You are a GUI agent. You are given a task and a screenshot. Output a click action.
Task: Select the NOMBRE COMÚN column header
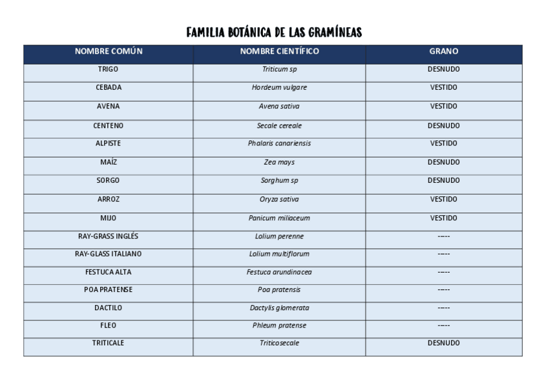(x=108, y=51)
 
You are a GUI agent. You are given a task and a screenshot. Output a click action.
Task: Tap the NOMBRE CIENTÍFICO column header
(x=279, y=51)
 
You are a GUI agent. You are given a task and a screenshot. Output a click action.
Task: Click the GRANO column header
(x=443, y=51)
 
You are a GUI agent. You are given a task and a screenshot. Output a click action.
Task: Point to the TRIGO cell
(x=108, y=68)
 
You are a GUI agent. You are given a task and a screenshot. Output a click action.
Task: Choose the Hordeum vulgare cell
(x=279, y=87)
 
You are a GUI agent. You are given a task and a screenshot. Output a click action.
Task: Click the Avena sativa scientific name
(x=279, y=106)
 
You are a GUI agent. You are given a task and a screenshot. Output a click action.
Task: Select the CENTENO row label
(x=108, y=125)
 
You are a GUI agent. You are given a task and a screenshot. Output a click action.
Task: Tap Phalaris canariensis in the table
(x=279, y=143)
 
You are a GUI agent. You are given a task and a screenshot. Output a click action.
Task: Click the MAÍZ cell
(x=108, y=162)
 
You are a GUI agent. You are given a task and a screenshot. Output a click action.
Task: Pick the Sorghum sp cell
(x=279, y=180)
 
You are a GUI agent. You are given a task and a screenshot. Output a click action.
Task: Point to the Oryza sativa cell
(x=279, y=199)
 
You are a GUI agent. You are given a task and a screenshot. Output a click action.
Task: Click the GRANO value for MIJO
(x=443, y=218)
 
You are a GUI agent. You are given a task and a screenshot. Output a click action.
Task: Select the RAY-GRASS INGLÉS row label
(x=108, y=236)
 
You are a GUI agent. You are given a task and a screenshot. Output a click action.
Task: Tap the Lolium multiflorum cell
(x=279, y=254)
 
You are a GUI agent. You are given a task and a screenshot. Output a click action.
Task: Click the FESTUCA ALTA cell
(x=108, y=272)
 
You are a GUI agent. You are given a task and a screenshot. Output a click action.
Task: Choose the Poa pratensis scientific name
(x=279, y=289)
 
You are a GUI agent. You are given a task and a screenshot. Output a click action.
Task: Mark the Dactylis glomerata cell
(x=279, y=308)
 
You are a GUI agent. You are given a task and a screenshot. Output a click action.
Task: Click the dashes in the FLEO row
(x=443, y=325)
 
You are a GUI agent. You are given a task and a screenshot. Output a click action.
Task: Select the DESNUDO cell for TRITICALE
(x=443, y=343)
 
